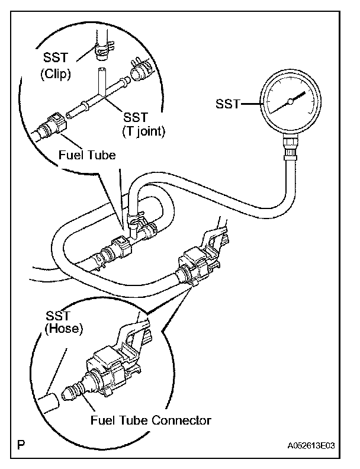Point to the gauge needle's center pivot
[x=290, y=102]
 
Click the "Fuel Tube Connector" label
[x=151, y=420]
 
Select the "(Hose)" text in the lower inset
[x=62, y=328]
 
